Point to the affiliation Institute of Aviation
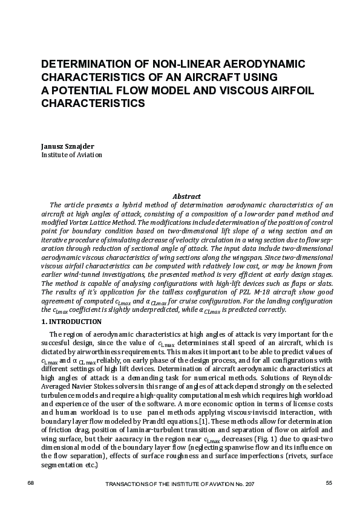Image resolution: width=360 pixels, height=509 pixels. coord(71,155)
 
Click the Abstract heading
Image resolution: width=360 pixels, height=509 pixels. coord(186,196)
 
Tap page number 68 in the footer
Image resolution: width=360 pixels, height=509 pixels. coord(32,482)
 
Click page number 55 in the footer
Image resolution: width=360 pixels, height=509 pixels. coord(329,482)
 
